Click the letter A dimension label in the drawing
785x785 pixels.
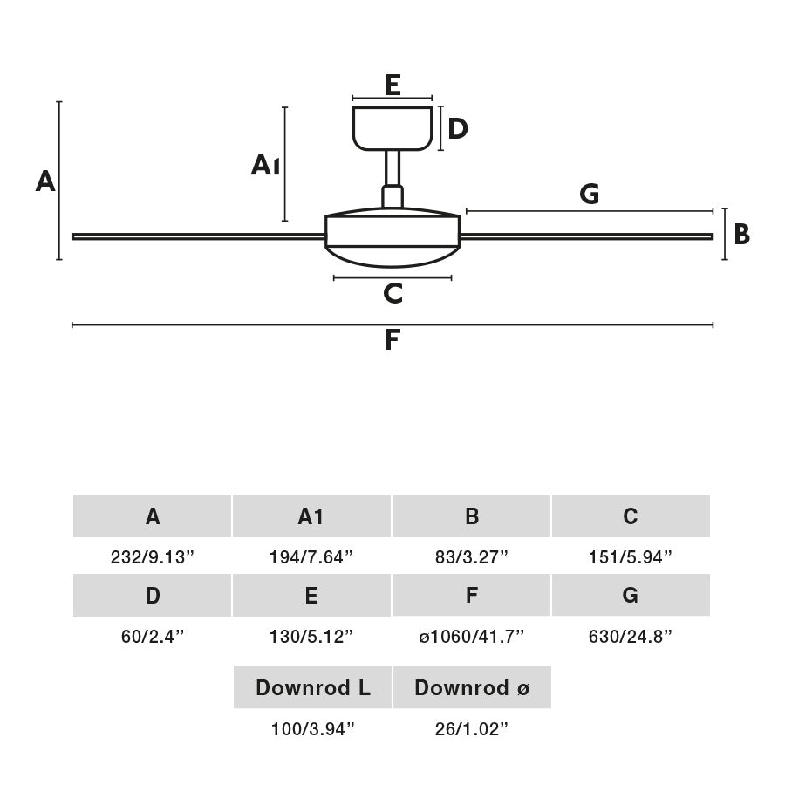pos(45,181)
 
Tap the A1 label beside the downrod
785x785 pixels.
pos(265,164)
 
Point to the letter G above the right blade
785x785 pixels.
pos(590,195)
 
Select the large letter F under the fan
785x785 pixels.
pos(392,340)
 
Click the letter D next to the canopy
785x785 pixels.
pos(457,129)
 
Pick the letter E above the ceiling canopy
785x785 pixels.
pos(392,85)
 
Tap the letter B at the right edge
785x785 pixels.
pos(741,235)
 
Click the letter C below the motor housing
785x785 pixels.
pos(392,294)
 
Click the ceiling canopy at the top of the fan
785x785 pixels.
pos(392,127)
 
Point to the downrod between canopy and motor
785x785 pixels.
pos(392,170)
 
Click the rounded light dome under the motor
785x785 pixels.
pos(392,256)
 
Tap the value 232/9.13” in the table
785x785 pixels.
pos(153,557)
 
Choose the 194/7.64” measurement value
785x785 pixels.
pos(311,557)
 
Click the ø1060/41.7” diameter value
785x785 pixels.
pos(472,637)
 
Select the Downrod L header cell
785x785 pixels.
pos(312,687)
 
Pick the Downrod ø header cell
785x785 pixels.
pos(472,687)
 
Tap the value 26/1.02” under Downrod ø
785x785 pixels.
pos(472,729)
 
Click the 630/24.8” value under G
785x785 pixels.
pos(631,637)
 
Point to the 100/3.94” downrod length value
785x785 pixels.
pos(312,729)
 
